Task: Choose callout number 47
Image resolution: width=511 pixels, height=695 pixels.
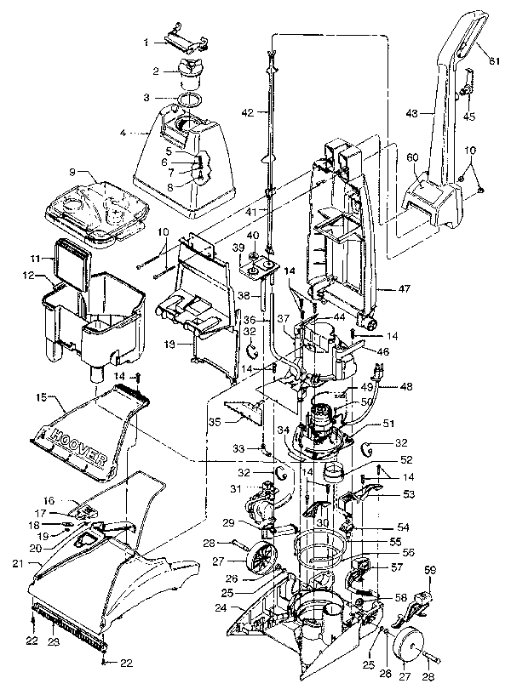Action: point(405,289)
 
